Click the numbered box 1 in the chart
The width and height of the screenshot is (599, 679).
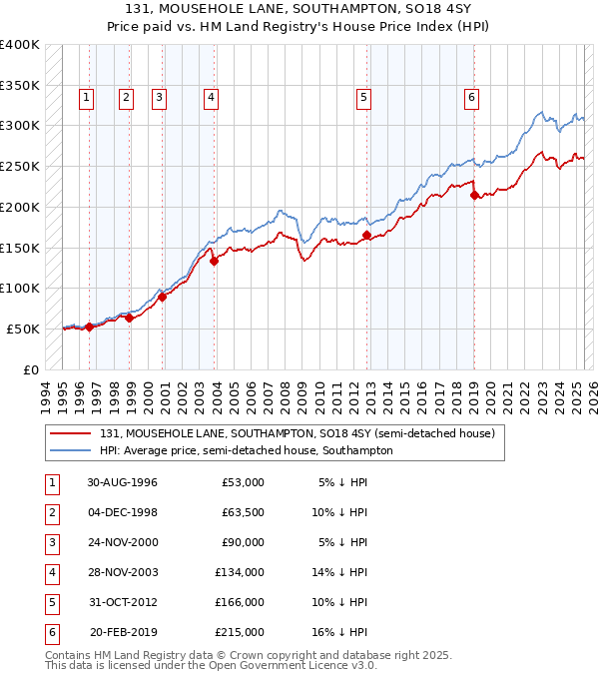86,97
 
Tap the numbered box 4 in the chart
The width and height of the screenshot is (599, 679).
212,97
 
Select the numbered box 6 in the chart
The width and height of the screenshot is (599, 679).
470,97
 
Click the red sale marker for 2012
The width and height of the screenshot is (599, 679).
366,235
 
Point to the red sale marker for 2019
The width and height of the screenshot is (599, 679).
474,195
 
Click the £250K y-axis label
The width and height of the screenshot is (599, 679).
21,166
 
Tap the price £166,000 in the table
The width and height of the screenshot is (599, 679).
239,602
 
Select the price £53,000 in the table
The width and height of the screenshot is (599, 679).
243,482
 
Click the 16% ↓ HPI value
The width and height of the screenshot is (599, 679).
343,632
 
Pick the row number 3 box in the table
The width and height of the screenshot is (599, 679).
51,543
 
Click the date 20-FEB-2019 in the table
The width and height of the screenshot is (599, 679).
122,632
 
